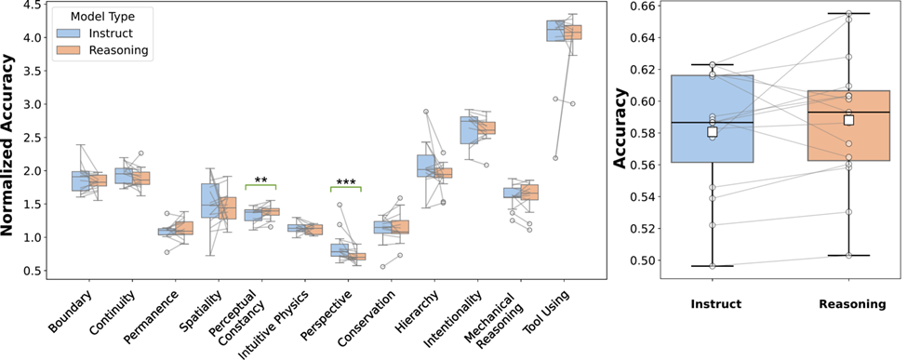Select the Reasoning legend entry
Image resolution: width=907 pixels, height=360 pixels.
[x=101, y=51]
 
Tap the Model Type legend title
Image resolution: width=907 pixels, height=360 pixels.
[x=103, y=16]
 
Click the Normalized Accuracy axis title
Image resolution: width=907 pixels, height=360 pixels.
[x=7, y=144]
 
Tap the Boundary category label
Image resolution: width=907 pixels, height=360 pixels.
[x=71, y=311]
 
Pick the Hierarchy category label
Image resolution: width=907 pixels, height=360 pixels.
[x=418, y=310]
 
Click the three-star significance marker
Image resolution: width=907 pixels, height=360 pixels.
[x=346, y=181]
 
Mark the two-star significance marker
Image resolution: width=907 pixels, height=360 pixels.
[x=260, y=180]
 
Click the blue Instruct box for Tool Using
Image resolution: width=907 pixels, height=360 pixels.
[x=555, y=31]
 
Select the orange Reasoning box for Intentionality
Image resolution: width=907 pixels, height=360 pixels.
[x=487, y=128]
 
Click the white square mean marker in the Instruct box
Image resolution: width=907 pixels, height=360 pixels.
[x=712, y=132]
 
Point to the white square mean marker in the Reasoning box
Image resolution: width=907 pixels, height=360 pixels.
[x=848, y=120]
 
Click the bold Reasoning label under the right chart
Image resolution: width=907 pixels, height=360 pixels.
[x=852, y=304]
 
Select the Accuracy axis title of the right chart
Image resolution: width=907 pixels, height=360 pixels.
[x=620, y=128]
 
